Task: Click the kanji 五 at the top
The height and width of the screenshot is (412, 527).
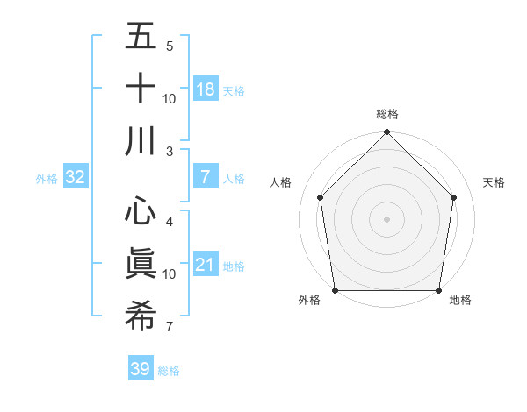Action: click(141, 38)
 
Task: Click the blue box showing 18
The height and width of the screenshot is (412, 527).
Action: click(206, 89)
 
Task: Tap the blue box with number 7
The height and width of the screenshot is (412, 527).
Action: click(206, 177)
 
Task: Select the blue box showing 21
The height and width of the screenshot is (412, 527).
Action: click(206, 265)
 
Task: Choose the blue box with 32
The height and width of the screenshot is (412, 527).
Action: click(76, 177)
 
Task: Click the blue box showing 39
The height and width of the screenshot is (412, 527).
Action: click(141, 370)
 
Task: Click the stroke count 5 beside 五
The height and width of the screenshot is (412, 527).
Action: click(170, 46)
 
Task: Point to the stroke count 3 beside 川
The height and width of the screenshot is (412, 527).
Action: click(170, 151)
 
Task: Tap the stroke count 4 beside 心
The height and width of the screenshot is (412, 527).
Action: click(170, 221)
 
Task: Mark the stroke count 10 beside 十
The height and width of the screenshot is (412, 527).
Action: click(170, 98)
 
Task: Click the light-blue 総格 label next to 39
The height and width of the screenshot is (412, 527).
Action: click(169, 371)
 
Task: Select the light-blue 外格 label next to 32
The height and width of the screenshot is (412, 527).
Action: click(47, 179)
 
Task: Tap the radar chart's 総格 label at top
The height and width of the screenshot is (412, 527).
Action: click(387, 114)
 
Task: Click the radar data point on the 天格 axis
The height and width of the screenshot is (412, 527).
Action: click(454, 197)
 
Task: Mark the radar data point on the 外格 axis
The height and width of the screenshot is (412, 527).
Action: click(335, 290)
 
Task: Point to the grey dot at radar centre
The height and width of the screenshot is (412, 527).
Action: click(387, 218)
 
